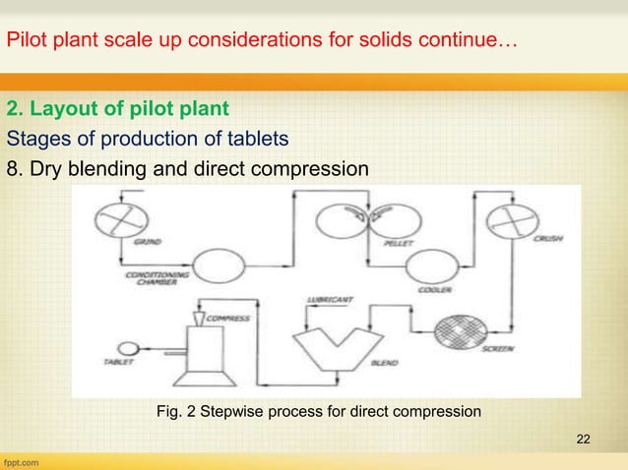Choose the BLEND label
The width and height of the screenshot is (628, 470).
(x=383, y=363)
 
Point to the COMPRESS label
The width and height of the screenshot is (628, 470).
(x=232, y=318)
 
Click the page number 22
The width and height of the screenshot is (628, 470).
(x=584, y=437)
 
